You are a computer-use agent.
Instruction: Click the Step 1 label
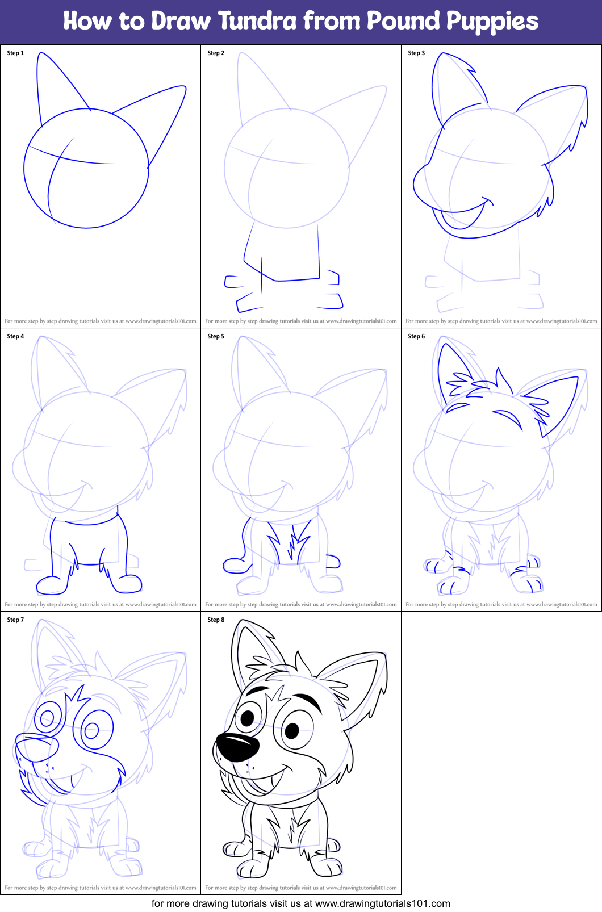click(15, 53)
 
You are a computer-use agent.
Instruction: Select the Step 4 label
click(15, 336)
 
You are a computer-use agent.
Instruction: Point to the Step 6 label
click(416, 336)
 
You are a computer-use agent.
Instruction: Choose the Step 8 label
click(216, 620)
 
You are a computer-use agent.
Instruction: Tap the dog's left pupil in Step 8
click(248, 718)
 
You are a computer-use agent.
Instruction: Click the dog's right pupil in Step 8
click(291, 730)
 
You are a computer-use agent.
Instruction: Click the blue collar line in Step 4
click(91, 522)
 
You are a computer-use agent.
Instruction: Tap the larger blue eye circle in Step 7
click(97, 730)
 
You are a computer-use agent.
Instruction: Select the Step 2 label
click(216, 53)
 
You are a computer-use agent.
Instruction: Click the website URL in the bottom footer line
click(382, 903)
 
